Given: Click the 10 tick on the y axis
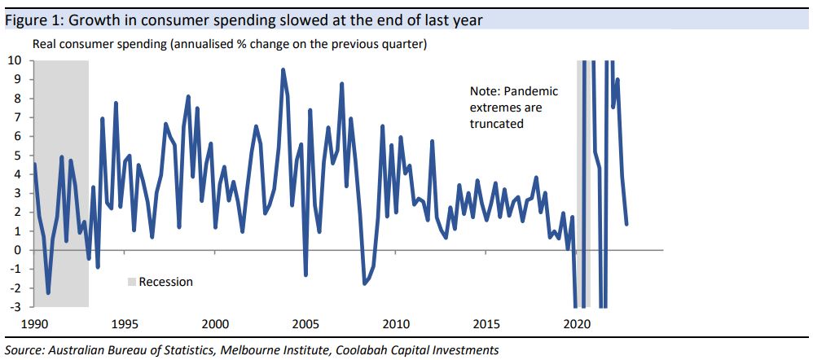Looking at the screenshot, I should click(x=15, y=60).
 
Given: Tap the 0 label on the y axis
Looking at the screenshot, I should click(x=19, y=250).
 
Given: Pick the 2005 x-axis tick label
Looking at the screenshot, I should click(x=305, y=324).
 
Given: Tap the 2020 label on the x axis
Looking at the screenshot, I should click(x=576, y=324).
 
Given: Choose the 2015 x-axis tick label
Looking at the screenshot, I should click(x=486, y=324).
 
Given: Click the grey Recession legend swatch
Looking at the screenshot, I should click(x=132, y=282).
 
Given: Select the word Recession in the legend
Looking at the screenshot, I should click(x=166, y=282).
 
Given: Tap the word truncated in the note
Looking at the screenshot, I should click(x=497, y=123).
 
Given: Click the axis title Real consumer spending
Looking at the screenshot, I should click(x=98, y=43).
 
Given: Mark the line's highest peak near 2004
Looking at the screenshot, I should click(x=283, y=70).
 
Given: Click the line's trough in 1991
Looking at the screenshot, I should click(x=48, y=292).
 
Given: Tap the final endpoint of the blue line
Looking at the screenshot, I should click(x=626, y=224).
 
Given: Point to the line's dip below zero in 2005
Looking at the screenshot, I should click(x=305, y=274).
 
